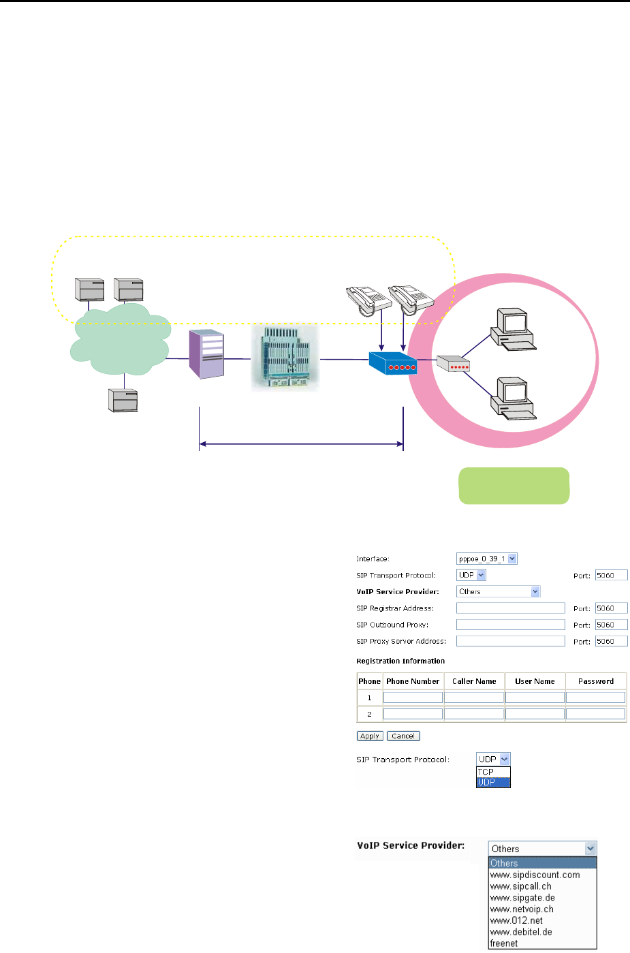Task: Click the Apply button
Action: point(370,736)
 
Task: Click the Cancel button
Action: point(403,736)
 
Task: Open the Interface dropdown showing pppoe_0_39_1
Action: point(487,559)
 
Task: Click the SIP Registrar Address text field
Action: point(510,608)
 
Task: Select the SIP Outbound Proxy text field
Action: point(510,625)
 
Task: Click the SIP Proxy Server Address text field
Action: point(510,641)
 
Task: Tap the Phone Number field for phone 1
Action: point(413,698)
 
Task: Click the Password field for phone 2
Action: point(595,714)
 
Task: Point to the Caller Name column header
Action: point(474,681)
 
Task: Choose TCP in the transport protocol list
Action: point(486,772)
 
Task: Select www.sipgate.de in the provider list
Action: point(522,898)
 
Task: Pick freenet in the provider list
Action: point(504,943)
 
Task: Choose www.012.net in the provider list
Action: point(516,920)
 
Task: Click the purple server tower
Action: point(207,354)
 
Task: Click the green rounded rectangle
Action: point(514,486)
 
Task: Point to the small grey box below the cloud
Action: point(123,401)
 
